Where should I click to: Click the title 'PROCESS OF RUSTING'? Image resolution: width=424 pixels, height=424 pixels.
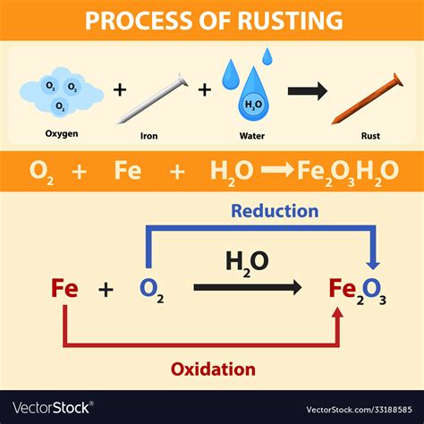[212, 19]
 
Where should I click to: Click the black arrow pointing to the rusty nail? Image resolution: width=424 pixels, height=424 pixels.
[306, 89]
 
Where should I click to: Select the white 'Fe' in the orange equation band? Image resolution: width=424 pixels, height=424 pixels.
[128, 171]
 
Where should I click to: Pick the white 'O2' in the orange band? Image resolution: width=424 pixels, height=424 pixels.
[41, 172]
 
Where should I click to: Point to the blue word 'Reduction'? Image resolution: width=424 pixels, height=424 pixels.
[275, 211]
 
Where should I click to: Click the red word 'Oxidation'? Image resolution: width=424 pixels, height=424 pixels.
[212, 369]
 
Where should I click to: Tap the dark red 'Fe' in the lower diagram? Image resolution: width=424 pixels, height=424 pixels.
[64, 288]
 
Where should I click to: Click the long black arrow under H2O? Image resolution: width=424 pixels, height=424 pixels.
[248, 287]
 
